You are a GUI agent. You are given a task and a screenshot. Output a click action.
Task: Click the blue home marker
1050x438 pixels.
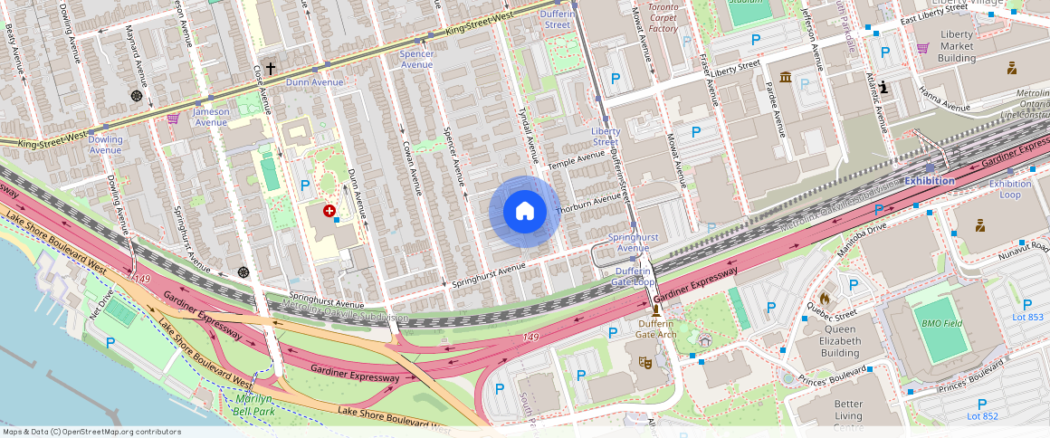[524, 212]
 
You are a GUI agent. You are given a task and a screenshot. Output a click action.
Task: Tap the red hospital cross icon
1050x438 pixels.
[329, 210]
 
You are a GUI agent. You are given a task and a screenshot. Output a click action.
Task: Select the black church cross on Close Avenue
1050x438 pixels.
[270, 68]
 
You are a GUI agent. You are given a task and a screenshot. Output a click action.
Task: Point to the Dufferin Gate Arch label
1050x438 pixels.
[656, 328]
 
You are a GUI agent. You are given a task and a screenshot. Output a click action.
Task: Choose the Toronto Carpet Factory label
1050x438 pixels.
[663, 17]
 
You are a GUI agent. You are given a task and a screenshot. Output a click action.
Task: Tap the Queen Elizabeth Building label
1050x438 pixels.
[826, 340]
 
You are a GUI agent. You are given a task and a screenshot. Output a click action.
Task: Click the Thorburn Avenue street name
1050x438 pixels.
[589, 203]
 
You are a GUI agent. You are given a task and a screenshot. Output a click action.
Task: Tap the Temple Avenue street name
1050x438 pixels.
[576, 159]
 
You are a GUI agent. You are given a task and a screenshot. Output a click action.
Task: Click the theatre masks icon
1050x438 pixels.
[644, 363]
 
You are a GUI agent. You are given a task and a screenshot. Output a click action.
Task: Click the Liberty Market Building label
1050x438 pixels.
[956, 46]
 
